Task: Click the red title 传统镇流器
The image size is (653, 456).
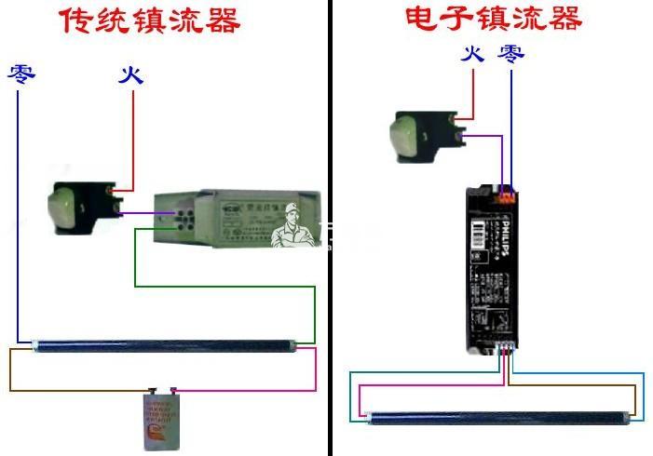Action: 149,20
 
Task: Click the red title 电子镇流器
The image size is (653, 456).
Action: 493,18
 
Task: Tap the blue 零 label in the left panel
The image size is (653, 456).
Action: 21,74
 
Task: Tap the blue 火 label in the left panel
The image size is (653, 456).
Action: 131,74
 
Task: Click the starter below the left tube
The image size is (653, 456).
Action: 157,420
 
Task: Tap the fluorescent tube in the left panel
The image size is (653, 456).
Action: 164,344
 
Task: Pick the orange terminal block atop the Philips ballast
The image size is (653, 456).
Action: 506,194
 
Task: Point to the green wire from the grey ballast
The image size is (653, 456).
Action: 224,285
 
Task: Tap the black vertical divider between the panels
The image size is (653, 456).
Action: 330,279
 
